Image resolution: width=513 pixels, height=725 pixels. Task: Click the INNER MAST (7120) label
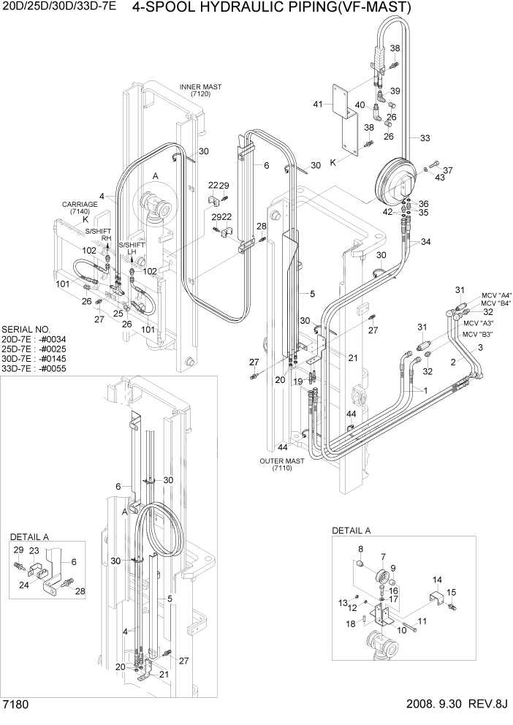point(200,91)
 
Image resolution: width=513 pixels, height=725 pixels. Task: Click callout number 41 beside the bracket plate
point(318,105)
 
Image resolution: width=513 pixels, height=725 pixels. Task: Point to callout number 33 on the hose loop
point(425,137)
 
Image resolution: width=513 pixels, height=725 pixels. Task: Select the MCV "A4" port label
point(495,295)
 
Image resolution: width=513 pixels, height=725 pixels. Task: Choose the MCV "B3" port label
point(477,334)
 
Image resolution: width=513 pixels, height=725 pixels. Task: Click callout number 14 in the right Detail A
point(437,580)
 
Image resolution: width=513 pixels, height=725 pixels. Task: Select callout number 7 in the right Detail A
point(382,556)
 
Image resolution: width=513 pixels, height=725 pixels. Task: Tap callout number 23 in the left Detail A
point(34,552)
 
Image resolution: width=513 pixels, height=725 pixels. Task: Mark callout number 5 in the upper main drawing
point(312,294)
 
